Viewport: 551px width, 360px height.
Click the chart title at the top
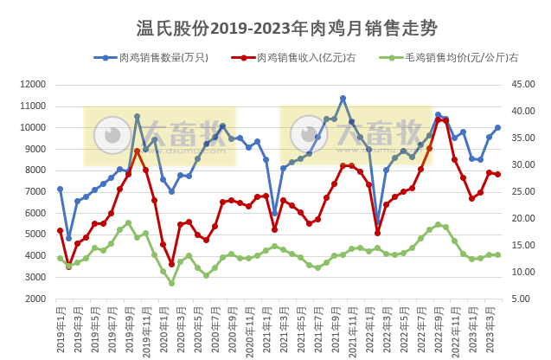pos(275,29)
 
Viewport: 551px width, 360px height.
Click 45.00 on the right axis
pos(525,85)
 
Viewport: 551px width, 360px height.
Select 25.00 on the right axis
pos(525,191)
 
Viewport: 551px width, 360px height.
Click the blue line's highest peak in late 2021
pos(343,99)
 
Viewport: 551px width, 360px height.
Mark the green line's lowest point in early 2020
pos(171,283)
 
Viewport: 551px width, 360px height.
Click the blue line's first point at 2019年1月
pos(60,189)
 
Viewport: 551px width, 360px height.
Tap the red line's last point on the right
pos(497,174)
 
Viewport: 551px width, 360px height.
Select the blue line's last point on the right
pos(497,128)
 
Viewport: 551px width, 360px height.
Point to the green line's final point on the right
pos(497,255)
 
